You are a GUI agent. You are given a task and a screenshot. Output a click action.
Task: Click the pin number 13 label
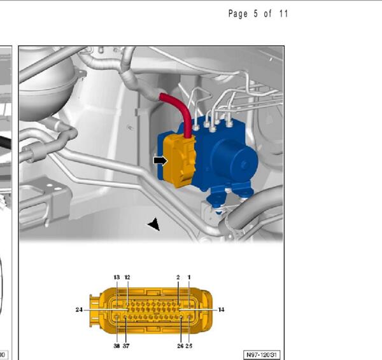click(x=117, y=277)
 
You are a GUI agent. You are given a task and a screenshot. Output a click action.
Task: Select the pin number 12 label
click(x=127, y=277)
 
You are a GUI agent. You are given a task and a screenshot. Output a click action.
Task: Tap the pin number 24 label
click(x=79, y=310)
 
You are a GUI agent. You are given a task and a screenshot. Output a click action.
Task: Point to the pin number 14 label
click(x=221, y=310)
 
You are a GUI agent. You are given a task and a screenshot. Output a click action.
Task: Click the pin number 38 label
click(x=117, y=346)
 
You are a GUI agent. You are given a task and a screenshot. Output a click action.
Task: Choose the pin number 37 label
click(x=126, y=346)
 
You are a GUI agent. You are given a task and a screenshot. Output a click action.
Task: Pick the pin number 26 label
click(x=180, y=346)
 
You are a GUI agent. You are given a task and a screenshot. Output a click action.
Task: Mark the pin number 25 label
click(x=189, y=346)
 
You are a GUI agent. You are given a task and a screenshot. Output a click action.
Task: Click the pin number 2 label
click(x=178, y=277)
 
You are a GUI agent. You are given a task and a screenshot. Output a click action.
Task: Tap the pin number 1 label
click(x=189, y=277)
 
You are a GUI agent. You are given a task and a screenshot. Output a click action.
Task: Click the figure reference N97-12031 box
click(x=262, y=355)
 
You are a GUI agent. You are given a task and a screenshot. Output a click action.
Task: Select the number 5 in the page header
click(x=255, y=13)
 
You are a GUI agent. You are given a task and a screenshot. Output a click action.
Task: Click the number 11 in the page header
click(x=284, y=13)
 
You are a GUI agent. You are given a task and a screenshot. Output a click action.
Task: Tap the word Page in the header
click(x=237, y=14)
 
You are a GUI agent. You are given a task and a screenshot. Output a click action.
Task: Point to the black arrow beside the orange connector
click(x=160, y=161)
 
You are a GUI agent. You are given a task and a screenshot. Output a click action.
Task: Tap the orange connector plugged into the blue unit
click(x=180, y=161)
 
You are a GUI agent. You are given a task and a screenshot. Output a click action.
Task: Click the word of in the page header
click(x=267, y=13)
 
